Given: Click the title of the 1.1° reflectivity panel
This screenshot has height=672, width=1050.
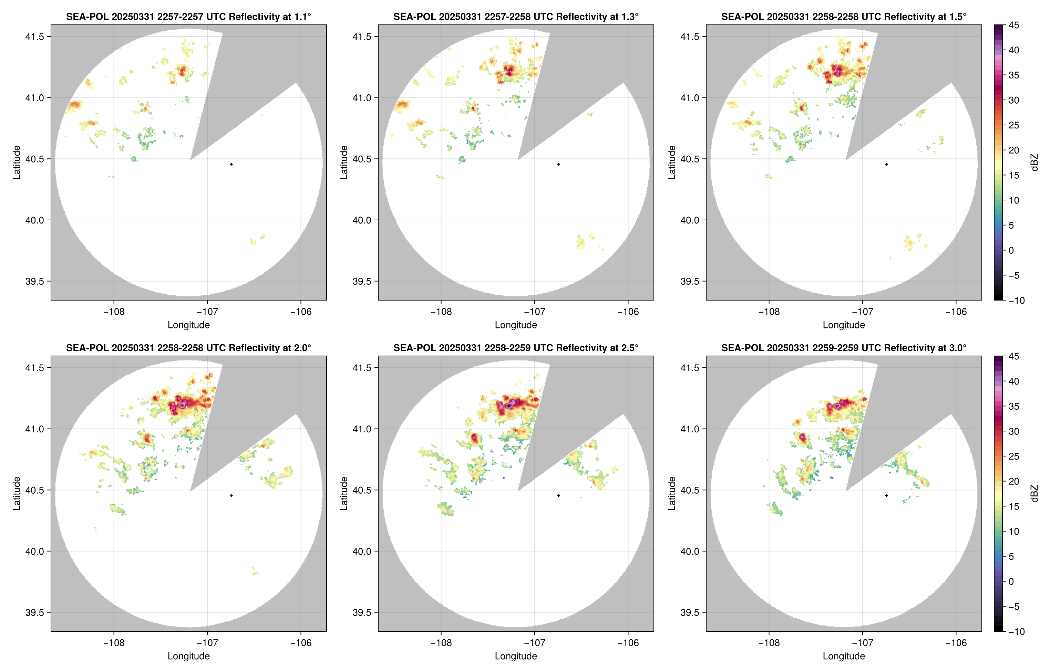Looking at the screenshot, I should (188, 17).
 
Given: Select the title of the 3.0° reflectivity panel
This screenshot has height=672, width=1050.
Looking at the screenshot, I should (844, 348).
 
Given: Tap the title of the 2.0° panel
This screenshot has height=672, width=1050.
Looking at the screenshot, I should (188, 348).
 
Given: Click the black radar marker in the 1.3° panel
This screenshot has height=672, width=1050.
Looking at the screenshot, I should (558, 165).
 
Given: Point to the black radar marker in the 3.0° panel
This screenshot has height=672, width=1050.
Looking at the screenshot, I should (886, 496).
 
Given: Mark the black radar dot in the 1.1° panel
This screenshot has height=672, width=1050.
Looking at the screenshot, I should (231, 165).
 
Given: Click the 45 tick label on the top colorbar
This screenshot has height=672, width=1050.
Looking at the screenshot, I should (1014, 25).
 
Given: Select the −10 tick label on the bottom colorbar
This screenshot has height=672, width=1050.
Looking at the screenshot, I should (1016, 631).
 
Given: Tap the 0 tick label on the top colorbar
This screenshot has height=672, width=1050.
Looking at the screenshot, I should (1011, 251).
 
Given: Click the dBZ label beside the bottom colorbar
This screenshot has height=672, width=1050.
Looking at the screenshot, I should (1034, 494).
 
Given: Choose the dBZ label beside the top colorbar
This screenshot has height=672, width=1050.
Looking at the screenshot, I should (1034, 162).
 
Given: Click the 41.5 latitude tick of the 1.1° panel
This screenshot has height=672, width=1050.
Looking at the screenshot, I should (35, 36).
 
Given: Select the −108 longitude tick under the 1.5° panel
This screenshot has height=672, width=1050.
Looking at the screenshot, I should (769, 312).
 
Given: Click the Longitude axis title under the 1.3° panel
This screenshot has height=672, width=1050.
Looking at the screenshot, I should (516, 325).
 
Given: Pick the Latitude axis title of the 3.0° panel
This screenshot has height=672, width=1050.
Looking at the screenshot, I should (671, 494).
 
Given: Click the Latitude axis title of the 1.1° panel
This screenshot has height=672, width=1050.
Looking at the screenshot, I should (17, 162).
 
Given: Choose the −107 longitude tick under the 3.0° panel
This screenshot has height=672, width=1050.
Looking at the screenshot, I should (862, 643).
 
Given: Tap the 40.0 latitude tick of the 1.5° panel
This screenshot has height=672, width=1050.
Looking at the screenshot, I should (690, 220).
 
